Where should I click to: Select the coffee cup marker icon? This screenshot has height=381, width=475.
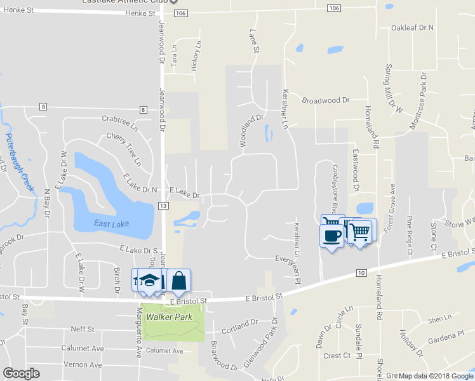coord(331,236)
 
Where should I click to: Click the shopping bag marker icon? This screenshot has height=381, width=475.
coord(178,281)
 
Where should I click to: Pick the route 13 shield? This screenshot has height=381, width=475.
coord(163,206)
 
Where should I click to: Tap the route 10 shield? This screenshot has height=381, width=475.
coord(361,272)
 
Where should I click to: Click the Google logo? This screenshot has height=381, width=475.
coord(21,373)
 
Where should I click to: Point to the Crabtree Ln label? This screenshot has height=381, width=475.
coord(120,119)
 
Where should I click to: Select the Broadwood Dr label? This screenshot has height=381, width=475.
coord(326,100)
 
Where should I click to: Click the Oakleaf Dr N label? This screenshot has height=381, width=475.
coord(412,28)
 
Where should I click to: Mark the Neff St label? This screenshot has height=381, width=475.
coord(83,329)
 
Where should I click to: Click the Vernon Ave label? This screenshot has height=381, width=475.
coord(83,365)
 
